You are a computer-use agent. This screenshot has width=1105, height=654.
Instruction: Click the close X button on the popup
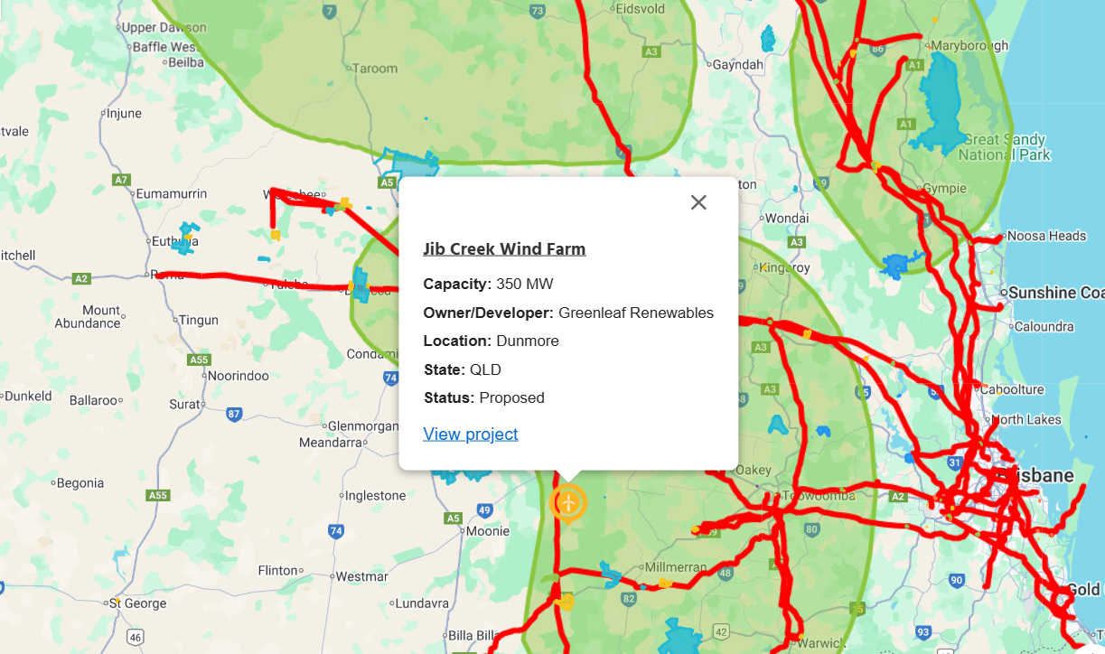click(x=698, y=202)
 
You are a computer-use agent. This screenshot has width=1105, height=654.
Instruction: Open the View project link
click(x=470, y=434)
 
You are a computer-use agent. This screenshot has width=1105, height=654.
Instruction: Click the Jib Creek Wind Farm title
click(x=504, y=249)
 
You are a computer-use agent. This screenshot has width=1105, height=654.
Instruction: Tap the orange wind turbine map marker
click(x=567, y=502)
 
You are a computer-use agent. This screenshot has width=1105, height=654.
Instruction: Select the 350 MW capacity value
click(x=524, y=285)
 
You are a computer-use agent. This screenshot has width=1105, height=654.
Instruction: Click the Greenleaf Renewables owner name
click(x=635, y=313)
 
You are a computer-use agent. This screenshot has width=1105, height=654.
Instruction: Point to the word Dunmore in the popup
click(x=527, y=341)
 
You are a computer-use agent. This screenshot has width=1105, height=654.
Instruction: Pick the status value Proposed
click(x=511, y=398)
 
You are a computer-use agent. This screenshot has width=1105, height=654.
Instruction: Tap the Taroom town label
click(x=374, y=69)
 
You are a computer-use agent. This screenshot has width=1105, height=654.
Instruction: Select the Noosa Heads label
click(x=1045, y=237)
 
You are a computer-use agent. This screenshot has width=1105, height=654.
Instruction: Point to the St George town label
click(x=138, y=603)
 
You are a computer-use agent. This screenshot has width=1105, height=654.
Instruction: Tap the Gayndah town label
click(x=737, y=65)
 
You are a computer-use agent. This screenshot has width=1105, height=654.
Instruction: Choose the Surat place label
click(x=183, y=405)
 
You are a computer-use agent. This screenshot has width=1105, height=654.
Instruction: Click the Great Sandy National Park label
click(x=1005, y=147)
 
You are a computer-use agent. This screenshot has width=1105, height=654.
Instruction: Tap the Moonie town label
click(x=488, y=532)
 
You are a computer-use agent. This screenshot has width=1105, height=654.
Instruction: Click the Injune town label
click(x=124, y=114)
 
